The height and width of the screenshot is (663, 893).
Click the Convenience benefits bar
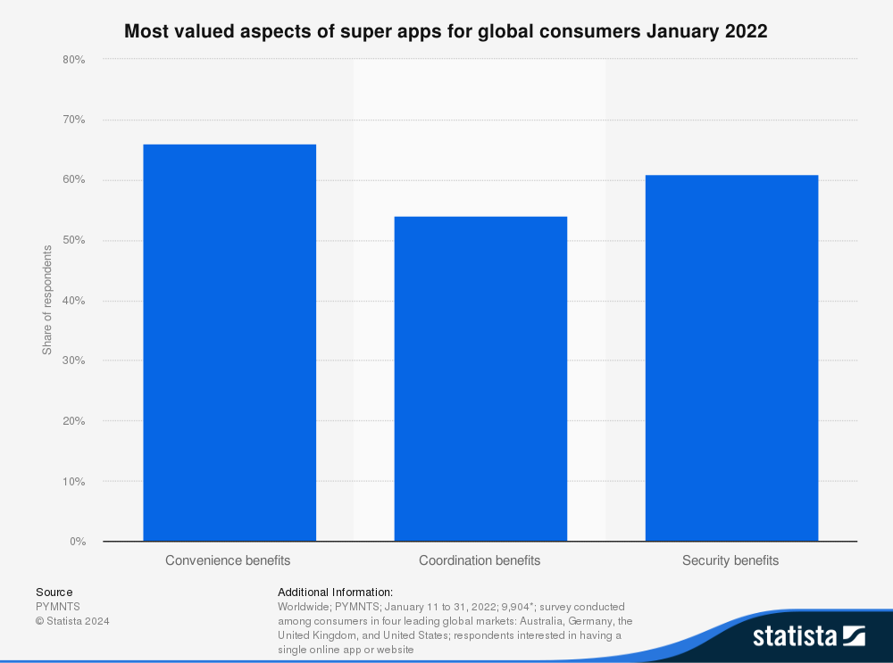point(229,343)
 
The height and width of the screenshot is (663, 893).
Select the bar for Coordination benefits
point(480,378)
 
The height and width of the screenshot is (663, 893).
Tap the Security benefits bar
point(731,358)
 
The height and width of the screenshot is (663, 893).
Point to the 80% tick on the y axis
point(73,60)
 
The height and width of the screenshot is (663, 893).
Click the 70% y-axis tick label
point(73,120)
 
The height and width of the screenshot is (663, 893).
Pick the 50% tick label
point(73,241)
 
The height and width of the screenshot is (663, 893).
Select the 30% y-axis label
point(73,361)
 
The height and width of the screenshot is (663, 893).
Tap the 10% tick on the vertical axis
point(73,482)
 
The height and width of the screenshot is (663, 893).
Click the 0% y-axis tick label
point(77,542)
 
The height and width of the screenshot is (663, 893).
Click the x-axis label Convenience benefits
point(228,560)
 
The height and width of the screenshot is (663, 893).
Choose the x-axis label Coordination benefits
point(480,560)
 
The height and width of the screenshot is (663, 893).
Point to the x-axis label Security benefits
point(730,560)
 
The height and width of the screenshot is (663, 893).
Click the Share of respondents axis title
point(47,299)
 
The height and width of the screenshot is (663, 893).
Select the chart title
point(446,31)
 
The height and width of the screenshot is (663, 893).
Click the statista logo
point(808,635)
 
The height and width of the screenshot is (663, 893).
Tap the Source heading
point(54,592)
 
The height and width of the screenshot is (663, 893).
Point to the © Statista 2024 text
point(71,620)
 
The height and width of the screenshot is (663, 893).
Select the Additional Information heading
point(335,592)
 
